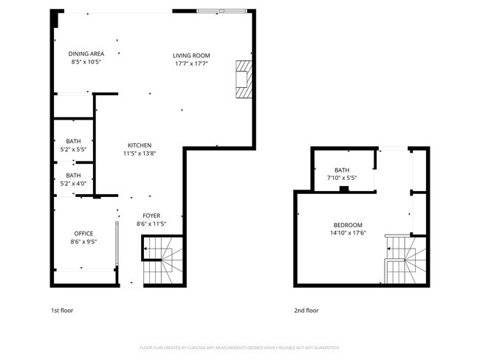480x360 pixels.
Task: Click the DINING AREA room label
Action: click(86, 54)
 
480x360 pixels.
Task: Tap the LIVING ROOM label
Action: click(191, 55)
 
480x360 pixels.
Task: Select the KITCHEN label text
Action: click(140, 145)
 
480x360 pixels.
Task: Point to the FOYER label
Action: click(151, 215)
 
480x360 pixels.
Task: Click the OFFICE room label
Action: click(83, 233)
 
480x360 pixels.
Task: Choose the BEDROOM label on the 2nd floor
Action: click(347, 225)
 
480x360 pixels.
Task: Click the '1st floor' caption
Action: click(62, 311)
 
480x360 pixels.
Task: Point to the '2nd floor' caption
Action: click(306, 311)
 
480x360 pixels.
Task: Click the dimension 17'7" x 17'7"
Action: click(191, 63)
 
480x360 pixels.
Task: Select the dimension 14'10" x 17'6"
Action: click(347, 233)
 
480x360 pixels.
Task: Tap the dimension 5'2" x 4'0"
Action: click(73, 184)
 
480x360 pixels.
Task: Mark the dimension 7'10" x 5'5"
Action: click(341, 178)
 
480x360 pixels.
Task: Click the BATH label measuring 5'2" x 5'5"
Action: click(73, 141)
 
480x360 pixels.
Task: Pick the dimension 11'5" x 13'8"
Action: click(140, 153)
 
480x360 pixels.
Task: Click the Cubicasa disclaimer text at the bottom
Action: click(239, 347)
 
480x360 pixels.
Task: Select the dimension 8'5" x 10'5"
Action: click(86, 62)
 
